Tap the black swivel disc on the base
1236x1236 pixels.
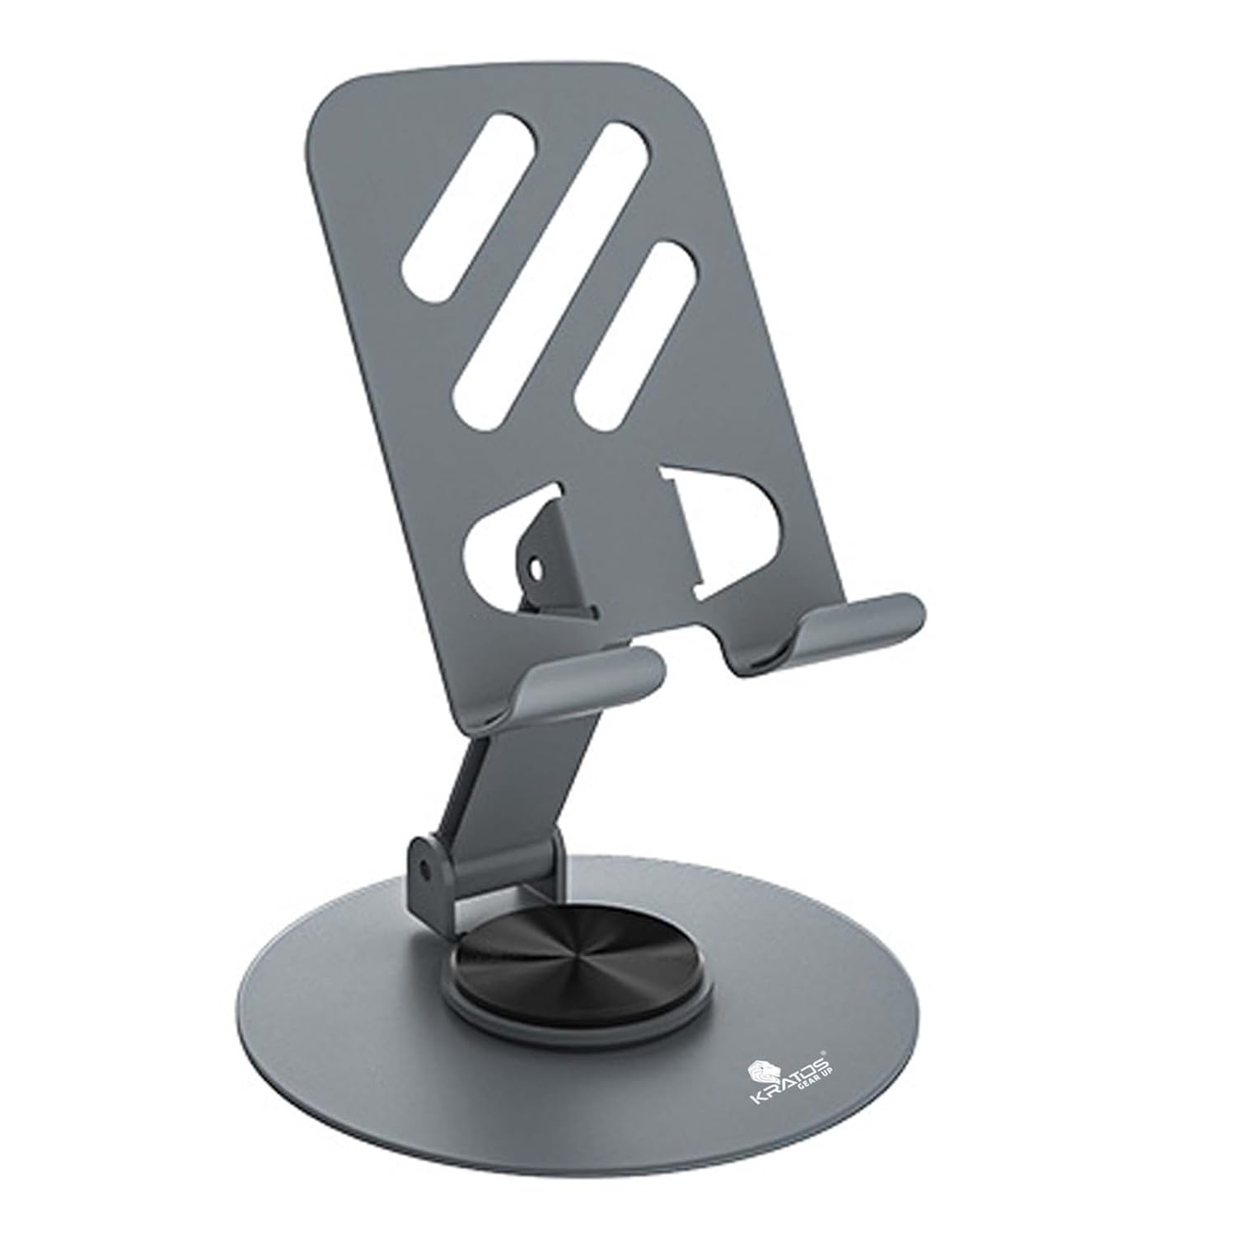tap(527, 981)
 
